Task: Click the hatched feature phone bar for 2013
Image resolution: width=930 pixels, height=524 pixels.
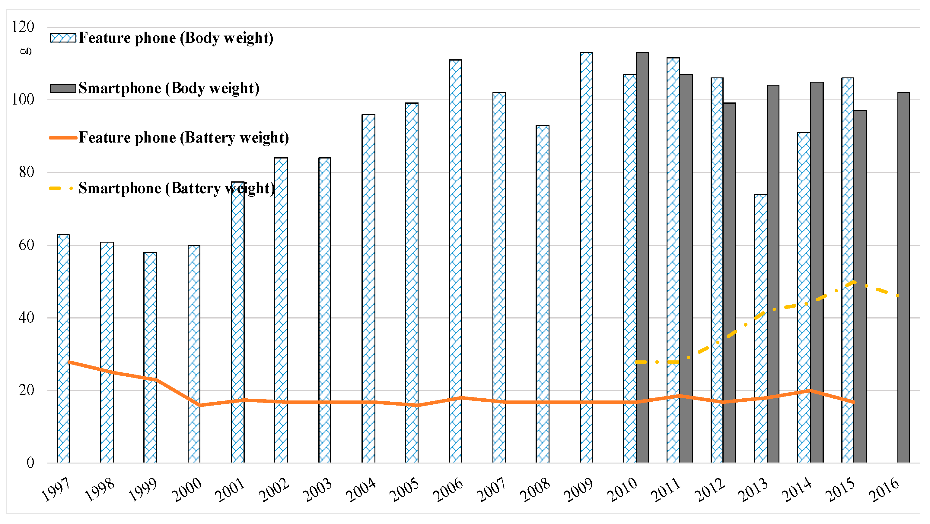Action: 760,328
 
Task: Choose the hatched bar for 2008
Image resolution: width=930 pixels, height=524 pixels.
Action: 542,293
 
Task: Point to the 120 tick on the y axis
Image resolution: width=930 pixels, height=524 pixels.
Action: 23,27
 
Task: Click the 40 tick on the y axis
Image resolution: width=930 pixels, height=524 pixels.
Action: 26,318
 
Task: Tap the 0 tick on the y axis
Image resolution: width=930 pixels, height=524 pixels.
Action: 30,463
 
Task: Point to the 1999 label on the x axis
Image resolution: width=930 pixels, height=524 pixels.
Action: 143,489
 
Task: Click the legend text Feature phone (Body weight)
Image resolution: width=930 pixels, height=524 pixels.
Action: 176,38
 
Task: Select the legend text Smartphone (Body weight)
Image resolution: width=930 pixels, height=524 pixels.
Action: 169,88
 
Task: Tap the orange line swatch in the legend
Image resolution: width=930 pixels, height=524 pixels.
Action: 63,138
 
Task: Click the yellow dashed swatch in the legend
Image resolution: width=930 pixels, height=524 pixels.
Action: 61,188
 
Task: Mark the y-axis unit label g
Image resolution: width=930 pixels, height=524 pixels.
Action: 26,51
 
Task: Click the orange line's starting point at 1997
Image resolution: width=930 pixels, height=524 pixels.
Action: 68,362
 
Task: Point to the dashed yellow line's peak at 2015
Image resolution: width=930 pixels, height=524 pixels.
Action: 854,282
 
